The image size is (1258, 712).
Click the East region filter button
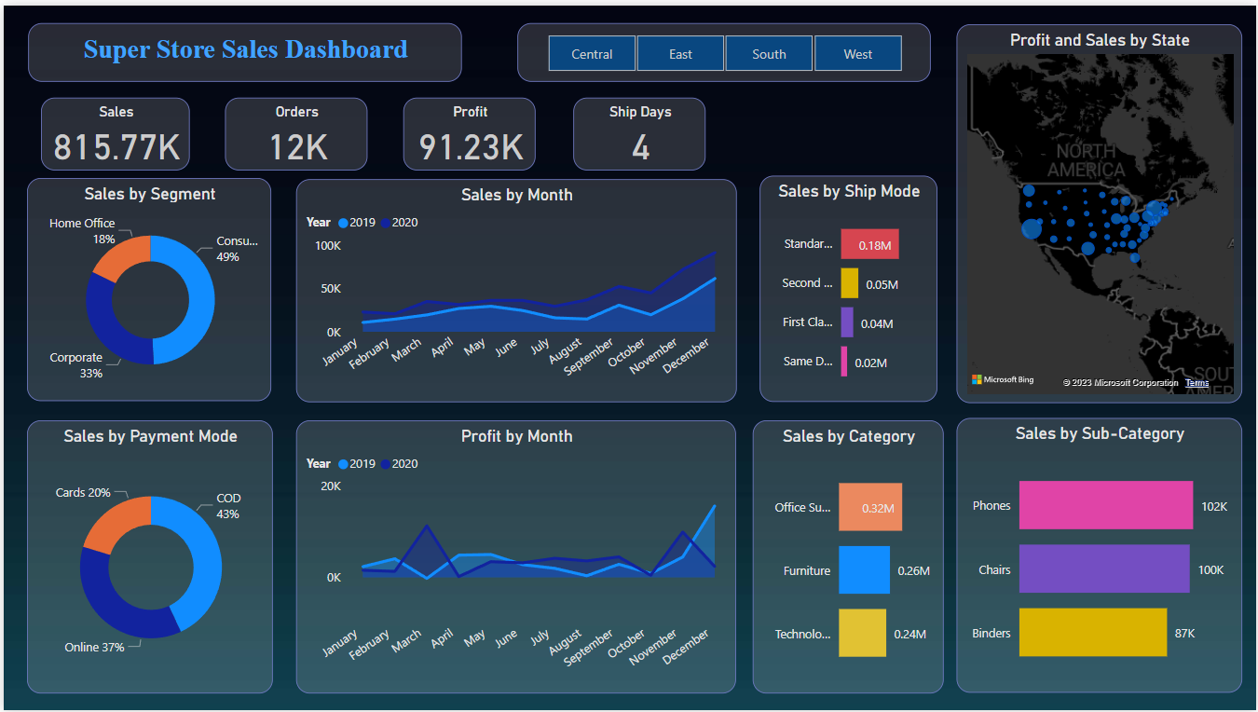point(680,54)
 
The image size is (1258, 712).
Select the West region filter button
point(857,54)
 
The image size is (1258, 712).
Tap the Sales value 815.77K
point(116,147)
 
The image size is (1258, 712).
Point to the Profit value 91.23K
point(471,147)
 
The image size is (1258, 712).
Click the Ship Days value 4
point(640,147)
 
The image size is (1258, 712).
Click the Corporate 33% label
point(76,365)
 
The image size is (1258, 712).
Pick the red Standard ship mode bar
point(869,244)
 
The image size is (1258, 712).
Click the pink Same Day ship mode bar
point(844,362)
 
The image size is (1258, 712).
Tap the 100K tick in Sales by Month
point(328,246)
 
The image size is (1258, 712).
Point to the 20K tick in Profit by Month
point(330,486)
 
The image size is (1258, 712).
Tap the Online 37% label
point(94,647)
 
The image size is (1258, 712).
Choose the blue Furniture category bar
point(864,570)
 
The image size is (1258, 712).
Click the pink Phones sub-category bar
point(1105,505)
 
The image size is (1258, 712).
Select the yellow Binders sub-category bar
point(1092,633)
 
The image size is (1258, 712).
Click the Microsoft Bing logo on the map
point(1003,380)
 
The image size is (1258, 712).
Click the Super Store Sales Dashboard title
point(245,50)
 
